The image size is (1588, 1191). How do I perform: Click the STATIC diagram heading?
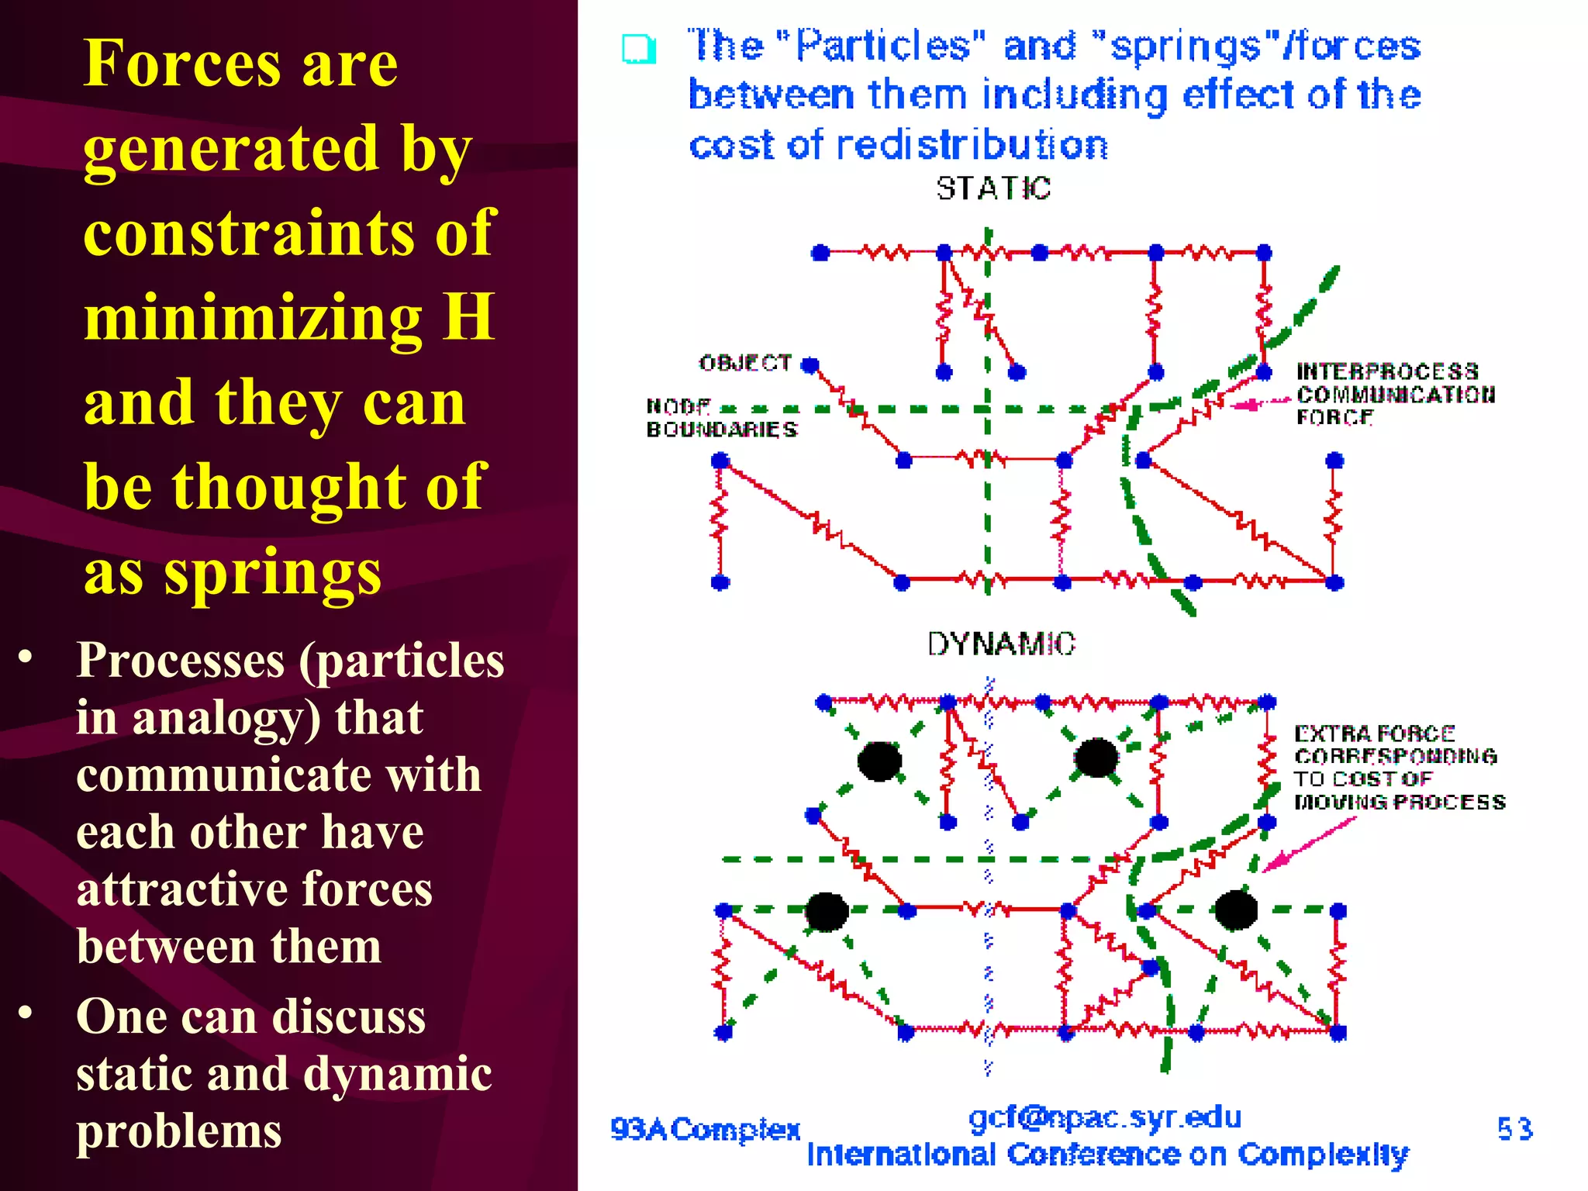tap(993, 188)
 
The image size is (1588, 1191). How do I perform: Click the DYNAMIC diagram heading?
tap(1001, 644)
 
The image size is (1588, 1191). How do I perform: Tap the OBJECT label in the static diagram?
tap(745, 363)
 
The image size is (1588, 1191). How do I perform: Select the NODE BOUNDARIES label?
tap(721, 418)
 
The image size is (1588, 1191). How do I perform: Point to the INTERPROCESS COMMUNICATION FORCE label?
tap(1395, 395)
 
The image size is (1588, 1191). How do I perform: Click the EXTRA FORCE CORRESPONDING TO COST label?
tap(1399, 768)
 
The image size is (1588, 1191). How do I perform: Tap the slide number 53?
tap(1514, 1129)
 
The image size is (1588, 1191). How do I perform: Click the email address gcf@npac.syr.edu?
tap(1105, 1117)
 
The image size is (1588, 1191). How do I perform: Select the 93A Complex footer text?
tap(705, 1130)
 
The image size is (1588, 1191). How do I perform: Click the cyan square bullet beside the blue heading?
tap(639, 50)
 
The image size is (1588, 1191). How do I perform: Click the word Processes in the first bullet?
tap(181, 661)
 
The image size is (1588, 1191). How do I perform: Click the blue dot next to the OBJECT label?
tap(810, 365)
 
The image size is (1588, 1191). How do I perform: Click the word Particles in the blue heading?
tap(882, 46)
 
